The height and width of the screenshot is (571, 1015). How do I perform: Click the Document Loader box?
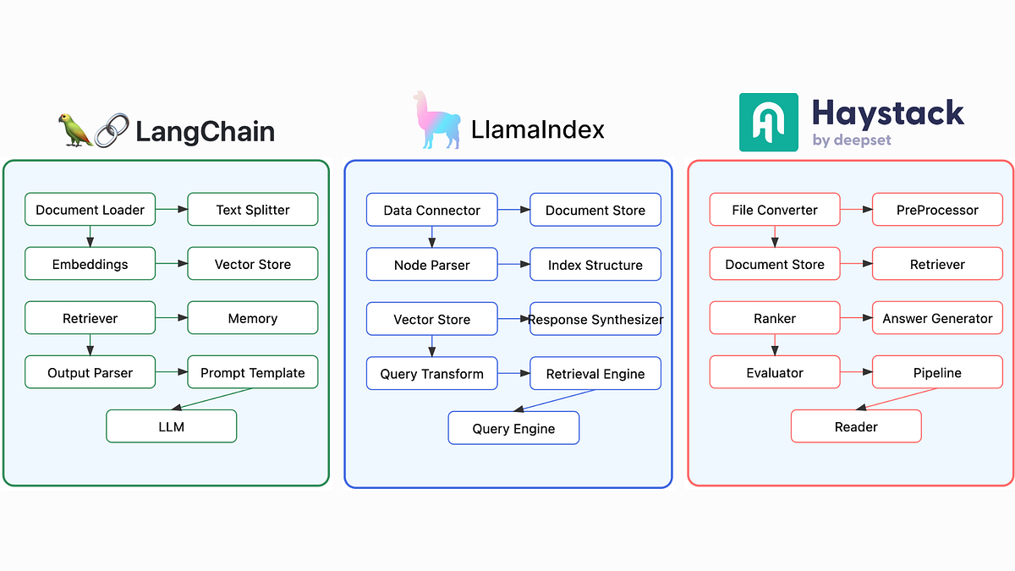coord(91,210)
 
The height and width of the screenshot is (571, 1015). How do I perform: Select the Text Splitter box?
coord(252,210)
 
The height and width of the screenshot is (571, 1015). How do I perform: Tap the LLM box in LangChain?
coord(171,426)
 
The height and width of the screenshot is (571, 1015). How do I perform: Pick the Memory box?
coord(252,318)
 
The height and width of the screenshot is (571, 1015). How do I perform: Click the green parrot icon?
coord(75,130)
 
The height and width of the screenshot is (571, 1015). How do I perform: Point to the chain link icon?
coord(112,130)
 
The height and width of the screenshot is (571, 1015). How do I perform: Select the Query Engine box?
coord(513,428)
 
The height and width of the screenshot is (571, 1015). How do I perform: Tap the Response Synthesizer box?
coord(595,319)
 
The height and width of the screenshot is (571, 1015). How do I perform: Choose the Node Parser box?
coord(431,265)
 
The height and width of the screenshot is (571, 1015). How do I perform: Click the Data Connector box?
coord(431,211)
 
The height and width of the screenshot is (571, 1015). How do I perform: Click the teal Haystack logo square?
coord(768,123)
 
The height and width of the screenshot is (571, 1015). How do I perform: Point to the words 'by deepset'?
coord(852,140)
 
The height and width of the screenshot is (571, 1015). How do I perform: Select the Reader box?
coord(856,426)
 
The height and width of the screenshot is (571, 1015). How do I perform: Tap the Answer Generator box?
coord(937,318)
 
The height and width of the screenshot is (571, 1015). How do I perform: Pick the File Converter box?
coord(775,210)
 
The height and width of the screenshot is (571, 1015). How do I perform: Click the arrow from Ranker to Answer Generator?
coord(856,318)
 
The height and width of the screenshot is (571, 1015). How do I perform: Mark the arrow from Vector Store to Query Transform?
coord(431,345)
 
